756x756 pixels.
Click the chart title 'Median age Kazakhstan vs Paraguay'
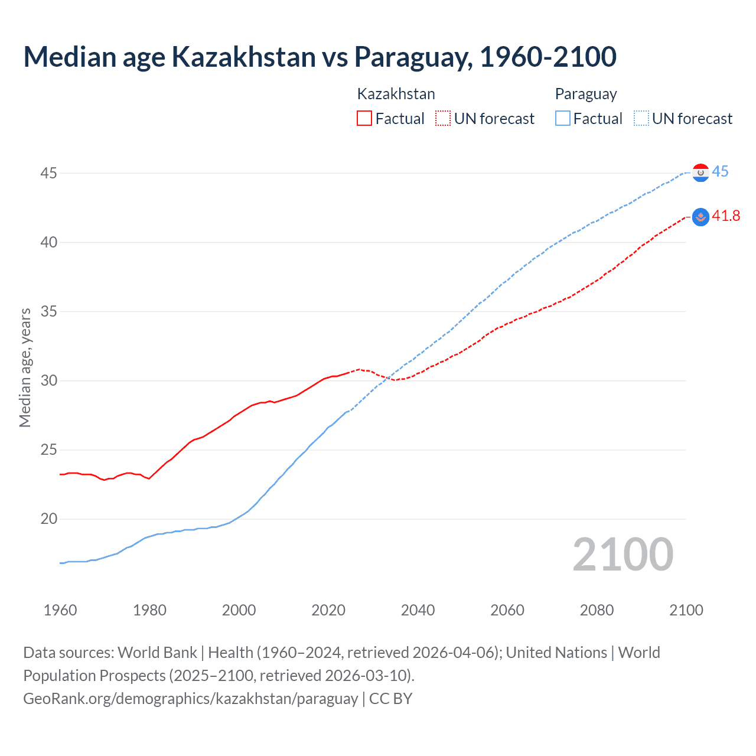[x=320, y=57]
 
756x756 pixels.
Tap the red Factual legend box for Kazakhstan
[x=364, y=118]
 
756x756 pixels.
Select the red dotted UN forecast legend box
[x=443, y=118]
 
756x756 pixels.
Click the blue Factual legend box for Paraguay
[x=563, y=118]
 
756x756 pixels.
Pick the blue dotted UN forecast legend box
[x=641, y=118]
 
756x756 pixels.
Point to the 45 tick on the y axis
[x=48, y=173]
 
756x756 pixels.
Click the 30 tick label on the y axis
[x=48, y=380]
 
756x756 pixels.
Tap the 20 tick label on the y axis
[x=48, y=519]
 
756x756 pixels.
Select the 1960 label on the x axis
[x=60, y=610]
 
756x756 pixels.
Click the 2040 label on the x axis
[x=418, y=610]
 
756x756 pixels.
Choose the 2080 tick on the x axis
[x=597, y=610]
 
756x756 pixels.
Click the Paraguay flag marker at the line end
[x=700, y=172]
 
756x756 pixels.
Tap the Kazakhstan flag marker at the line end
[x=700, y=217]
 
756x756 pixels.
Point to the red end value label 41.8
[x=726, y=216]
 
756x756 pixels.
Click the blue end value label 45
[x=721, y=172]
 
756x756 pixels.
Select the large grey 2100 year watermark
[x=623, y=555]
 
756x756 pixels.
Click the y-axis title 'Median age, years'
[x=25, y=367]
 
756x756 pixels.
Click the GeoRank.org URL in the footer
[x=190, y=699]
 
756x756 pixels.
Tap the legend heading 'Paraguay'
[x=586, y=94]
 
